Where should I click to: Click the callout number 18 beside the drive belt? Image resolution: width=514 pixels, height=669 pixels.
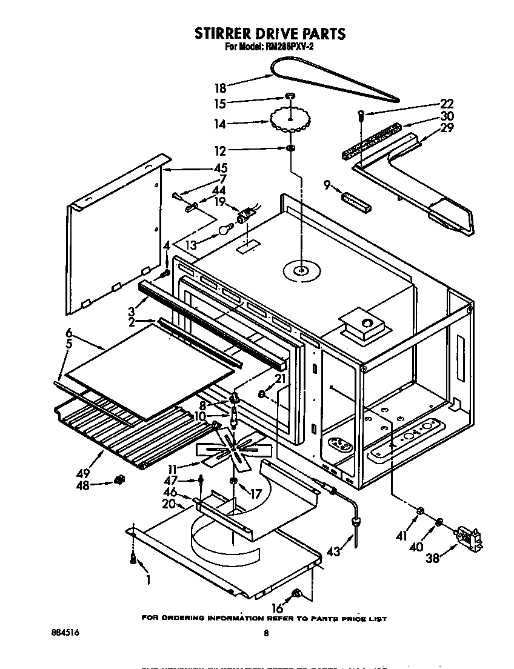[221, 87]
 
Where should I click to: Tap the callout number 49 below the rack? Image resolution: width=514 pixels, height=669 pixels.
[84, 473]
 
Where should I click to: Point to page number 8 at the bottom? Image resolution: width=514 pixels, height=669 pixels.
[265, 634]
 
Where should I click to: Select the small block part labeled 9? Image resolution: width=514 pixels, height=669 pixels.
[356, 201]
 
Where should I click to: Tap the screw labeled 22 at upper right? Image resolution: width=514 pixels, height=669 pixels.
[361, 114]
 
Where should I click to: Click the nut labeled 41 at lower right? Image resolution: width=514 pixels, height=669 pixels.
[419, 513]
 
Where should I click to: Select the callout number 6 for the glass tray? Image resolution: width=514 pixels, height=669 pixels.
[69, 332]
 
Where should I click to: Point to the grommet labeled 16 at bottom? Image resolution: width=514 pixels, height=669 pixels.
[297, 594]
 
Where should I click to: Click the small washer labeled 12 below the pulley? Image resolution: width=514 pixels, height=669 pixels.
[291, 150]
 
